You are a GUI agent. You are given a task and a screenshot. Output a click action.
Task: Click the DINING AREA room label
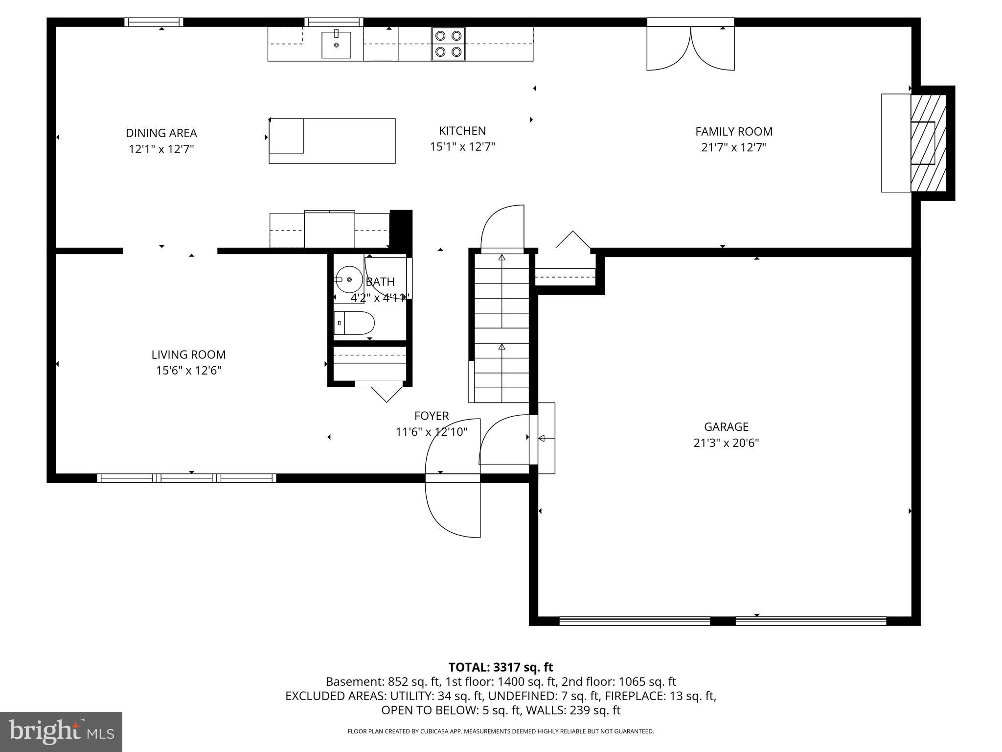coord(161,133)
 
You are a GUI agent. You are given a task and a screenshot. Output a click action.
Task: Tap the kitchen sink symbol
coord(336,45)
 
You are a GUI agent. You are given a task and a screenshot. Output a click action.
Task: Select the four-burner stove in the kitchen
coord(448,44)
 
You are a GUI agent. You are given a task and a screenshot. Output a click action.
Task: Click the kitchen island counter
coord(332,141)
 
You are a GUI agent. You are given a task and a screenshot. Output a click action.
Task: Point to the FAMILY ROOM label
coord(733,132)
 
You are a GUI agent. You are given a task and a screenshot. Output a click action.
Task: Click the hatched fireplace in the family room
coord(928,143)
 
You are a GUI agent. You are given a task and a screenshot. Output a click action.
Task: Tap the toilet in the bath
coord(354,323)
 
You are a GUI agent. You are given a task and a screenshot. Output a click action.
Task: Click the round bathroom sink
coord(349,280)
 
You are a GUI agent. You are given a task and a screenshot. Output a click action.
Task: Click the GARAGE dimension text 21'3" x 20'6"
coord(726,443)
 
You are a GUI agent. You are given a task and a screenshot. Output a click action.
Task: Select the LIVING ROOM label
coord(188,355)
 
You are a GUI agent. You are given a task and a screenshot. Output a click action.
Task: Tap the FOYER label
coord(431,416)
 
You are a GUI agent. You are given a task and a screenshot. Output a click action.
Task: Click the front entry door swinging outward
coord(452,507)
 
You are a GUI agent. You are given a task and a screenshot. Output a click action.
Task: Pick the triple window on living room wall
coord(187,478)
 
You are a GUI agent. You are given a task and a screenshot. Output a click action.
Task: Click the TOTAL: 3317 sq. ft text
coord(501,667)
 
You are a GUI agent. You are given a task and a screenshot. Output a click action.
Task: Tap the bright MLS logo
coord(61,731)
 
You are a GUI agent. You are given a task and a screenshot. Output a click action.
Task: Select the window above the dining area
coord(154,22)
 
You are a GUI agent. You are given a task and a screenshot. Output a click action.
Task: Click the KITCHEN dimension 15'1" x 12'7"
coord(462,147)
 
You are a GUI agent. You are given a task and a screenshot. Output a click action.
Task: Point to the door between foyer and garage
coord(533,439)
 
